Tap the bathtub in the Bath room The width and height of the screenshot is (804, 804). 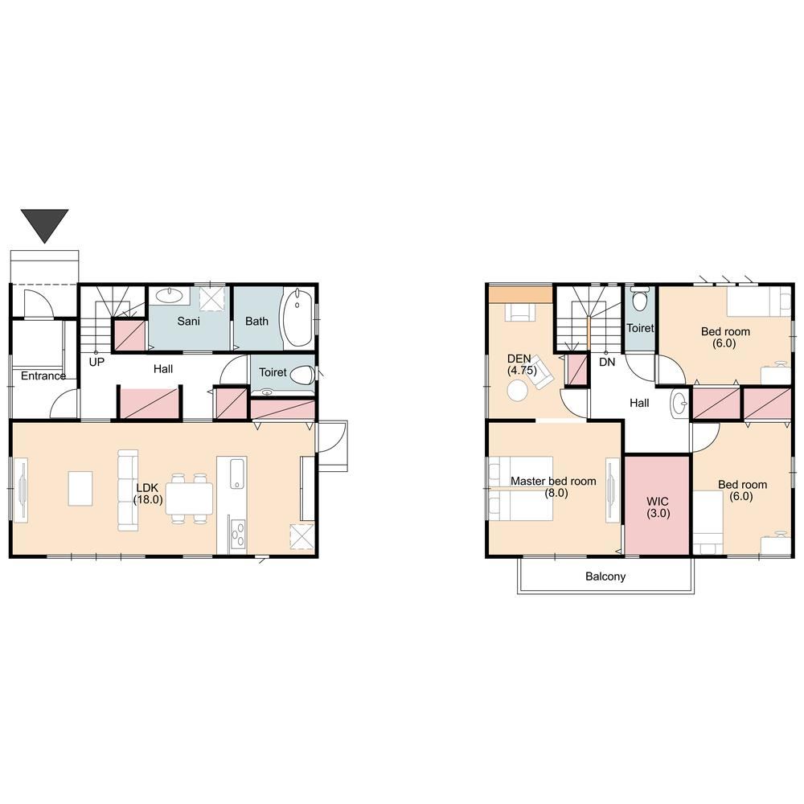295,318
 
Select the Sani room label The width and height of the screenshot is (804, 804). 188,322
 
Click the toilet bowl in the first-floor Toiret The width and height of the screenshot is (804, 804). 302,375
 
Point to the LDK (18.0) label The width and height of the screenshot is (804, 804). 148,494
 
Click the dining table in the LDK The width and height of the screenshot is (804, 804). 189,498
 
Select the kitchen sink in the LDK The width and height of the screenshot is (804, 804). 237,474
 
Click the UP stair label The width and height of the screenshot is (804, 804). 96,362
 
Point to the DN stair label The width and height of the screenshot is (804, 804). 607,362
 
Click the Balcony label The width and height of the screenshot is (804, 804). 605,576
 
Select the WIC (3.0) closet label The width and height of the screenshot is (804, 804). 658,507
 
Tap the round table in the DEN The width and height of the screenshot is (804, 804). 517,390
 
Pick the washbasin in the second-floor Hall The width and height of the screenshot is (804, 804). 680,403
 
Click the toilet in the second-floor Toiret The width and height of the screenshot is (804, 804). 639,298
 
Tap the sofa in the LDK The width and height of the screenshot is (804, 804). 128,490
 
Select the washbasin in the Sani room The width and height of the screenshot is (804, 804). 169,295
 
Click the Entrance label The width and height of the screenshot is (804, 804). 43,375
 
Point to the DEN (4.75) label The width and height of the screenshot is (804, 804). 522,364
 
